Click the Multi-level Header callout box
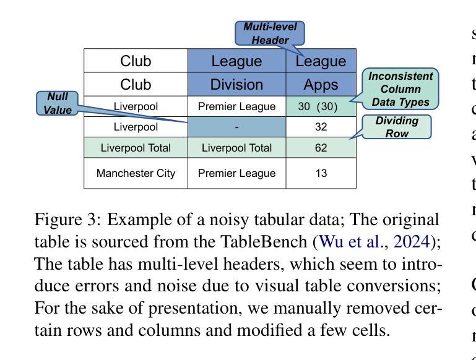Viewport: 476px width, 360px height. [270, 33]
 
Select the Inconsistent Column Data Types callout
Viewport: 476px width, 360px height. [400, 89]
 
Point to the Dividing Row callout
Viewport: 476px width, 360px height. [396, 127]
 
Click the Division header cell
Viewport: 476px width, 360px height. [237, 85]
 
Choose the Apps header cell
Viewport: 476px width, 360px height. [321, 85]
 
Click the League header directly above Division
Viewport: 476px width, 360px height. [237, 61]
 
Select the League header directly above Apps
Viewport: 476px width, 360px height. [321, 61]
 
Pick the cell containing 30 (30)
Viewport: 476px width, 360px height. [318, 106]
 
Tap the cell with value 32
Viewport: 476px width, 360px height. [321, 127]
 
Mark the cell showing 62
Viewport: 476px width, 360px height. [321, 148]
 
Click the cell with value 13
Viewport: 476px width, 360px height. [321, 173]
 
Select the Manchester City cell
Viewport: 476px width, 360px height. [136, 173]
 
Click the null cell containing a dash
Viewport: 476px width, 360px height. [237, 127]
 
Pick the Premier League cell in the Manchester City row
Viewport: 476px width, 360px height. [237, 173]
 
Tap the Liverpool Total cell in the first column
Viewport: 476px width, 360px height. [136, 148]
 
